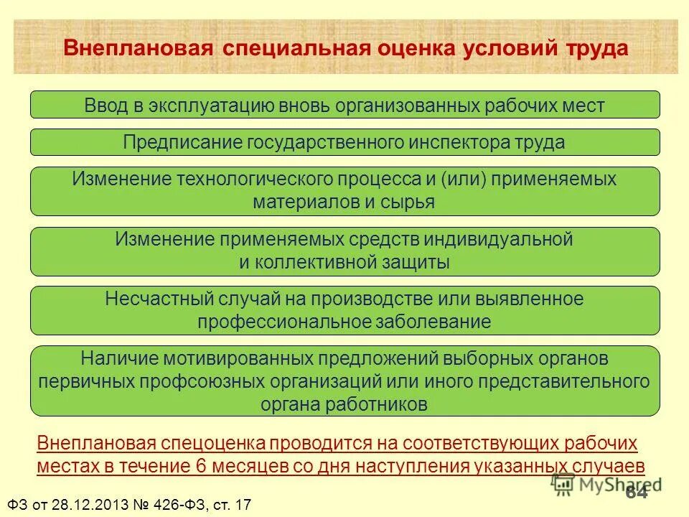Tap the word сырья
point(408,202)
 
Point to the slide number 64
point(637,492)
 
